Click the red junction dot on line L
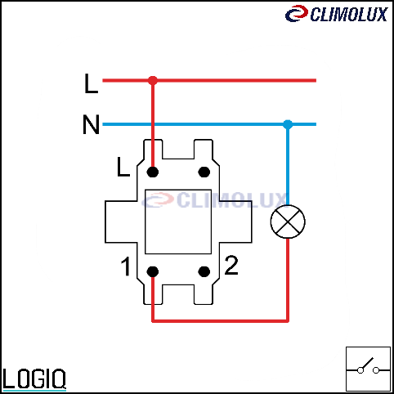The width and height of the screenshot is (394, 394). tap(153, 80)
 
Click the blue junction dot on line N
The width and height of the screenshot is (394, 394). tap(288, 124)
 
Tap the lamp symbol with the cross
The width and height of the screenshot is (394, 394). tap(288, 222)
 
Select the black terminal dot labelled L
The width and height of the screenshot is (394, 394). tap(153, 172)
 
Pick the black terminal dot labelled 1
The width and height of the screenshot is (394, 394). tap(153, 271)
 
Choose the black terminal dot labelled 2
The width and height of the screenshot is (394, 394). tap(204, 271)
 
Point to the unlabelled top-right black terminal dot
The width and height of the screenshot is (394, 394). tap(204, 172)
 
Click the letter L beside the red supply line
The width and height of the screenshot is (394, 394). tap(91, 83)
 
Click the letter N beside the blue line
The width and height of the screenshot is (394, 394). tap(91, 124)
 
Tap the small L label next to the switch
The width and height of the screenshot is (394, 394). tap(123, 167)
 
